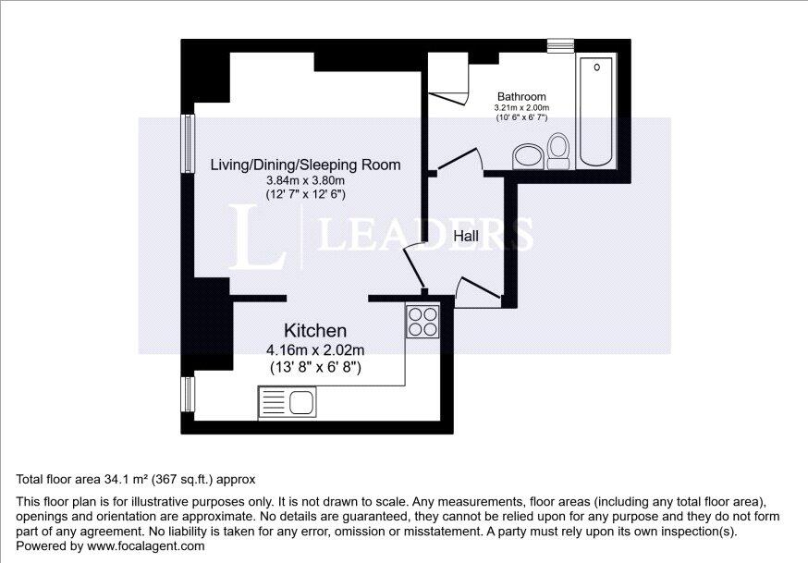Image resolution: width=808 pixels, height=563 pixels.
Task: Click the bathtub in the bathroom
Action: [598, 112]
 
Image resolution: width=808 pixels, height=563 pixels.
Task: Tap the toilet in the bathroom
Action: [557, 151]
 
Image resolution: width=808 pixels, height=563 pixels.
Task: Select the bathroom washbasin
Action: [528, 155]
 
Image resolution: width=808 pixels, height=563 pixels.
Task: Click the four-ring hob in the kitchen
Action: [423, 320]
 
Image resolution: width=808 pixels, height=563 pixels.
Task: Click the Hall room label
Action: [466, 237]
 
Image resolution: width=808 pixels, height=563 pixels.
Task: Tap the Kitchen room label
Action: [314, 330]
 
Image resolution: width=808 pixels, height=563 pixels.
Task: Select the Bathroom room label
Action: [521, 96]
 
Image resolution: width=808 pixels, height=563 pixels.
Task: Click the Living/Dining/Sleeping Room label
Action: [305, 165]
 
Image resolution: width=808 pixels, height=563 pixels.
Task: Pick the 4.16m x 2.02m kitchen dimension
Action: [314, 349]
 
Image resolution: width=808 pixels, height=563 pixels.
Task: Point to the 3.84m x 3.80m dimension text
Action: [305, 180]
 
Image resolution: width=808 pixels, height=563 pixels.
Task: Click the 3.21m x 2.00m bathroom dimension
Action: [521, 107]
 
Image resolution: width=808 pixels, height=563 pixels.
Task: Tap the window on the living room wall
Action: [188, 143]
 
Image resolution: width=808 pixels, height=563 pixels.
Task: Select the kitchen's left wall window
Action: [188, 394]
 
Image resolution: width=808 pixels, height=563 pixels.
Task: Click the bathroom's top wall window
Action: [560, 43]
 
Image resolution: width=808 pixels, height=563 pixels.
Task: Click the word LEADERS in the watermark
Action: [425, 235]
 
